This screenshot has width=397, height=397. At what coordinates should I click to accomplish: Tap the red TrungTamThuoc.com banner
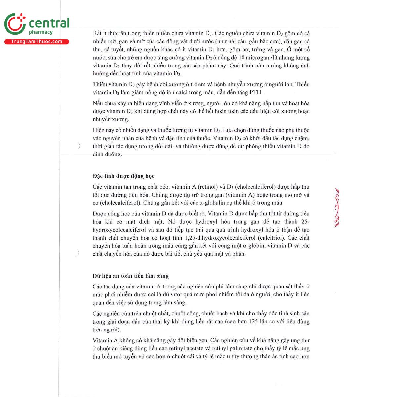click(x=37, y=42)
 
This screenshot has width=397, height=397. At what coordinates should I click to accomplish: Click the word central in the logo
click(x=49, y=23)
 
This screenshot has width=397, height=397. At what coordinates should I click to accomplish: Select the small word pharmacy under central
click(x=41, y=32)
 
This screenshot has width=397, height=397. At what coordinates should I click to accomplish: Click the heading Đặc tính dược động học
click(x=123, y=176)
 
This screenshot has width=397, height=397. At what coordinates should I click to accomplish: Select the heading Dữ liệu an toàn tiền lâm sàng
click(x=131, y=276)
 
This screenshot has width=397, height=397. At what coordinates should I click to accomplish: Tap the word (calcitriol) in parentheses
click(x=273, y=238)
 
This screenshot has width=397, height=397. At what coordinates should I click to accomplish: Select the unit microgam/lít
click(x=273, y=58)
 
